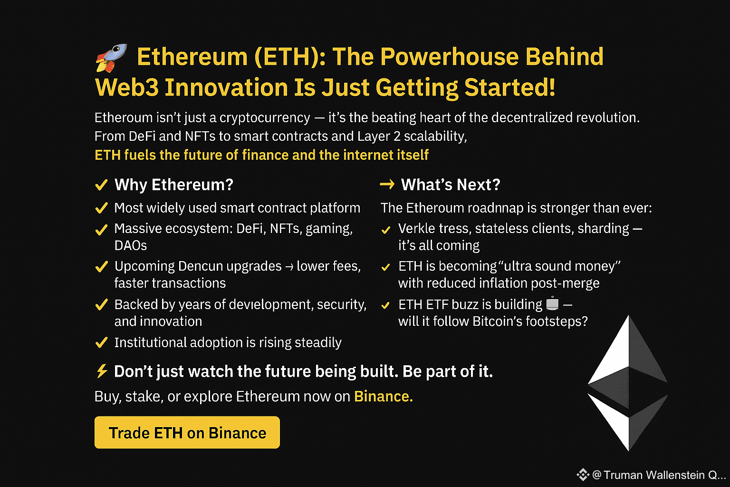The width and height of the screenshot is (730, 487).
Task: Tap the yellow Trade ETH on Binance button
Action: pyautogui.click(x=187, y=432)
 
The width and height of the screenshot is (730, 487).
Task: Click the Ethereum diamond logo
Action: pyautogui.click(x=628, y=383)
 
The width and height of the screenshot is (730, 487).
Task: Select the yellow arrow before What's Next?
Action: pyautogui.click(x=387, y=185)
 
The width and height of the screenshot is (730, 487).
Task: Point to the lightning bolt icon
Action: pyautogui.click(x=102, y=371)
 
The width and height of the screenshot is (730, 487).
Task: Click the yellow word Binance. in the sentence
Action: pyautogui.click(x=383, y=396)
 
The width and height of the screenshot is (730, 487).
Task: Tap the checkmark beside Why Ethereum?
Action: pyautogui.click(x=101, y=185)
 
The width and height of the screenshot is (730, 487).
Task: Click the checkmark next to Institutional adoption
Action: pyautogui.click(x=101, y=342)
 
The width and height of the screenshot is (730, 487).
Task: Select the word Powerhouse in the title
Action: pyautogui.click(x=449, y=57)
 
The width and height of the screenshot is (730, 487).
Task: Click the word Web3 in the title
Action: pyautogui.click(x=127, y=88)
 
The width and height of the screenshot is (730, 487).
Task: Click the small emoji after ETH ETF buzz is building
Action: pyautogui.click(x=552, y=303)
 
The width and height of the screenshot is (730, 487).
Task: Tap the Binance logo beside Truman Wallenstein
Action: pyautogui.click(x=583, y=475)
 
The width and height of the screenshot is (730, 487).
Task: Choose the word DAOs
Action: pyautogui.click(x=131, y=245)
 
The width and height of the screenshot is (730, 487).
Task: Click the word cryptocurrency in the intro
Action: pyautogui.click(x=265, y=118)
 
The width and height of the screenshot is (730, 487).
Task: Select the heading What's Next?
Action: pyautogui.click(x=451, y=185)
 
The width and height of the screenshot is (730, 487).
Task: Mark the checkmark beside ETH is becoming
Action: pyautogui.click(x=385, y=267)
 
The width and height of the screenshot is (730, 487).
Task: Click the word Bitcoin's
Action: pyautogui.click(x=497, y=321)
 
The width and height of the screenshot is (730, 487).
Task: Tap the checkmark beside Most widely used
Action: pyautogui.click(x=101, y=208)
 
